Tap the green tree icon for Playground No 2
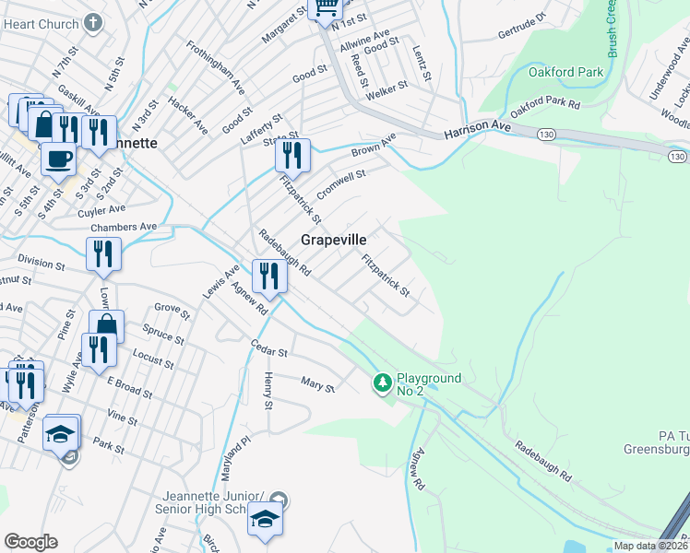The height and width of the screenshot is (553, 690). coord(383,382)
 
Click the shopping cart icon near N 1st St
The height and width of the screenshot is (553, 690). coord(325,8)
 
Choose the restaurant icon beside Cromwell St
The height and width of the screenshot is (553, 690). coord(292,153)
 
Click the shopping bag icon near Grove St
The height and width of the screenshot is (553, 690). coord(106,325)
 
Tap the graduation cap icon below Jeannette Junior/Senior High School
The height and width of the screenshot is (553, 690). coord(265,520)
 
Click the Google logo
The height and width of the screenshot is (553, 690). coord(31,542)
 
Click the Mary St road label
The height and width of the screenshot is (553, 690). coord(318,383)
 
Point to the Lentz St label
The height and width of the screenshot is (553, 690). coord(422,63)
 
